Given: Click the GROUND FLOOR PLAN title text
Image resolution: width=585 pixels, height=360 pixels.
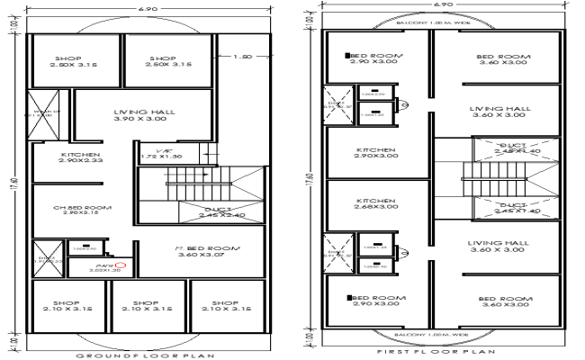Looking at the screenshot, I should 146,355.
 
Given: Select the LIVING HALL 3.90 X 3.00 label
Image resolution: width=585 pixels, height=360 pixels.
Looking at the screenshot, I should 144,117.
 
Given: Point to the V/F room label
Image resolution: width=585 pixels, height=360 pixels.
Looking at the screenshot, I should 163,152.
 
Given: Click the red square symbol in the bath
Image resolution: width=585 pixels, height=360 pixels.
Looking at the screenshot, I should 118,265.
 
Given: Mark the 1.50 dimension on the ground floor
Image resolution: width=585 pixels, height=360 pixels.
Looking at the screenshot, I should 241,57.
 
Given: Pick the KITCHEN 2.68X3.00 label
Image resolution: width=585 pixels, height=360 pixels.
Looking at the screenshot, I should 375,203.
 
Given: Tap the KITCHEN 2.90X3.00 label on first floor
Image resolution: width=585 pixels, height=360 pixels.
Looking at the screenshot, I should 375,152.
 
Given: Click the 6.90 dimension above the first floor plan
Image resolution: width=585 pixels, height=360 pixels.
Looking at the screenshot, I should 440,4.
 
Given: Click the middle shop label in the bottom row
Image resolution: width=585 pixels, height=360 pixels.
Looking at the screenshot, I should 146,305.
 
